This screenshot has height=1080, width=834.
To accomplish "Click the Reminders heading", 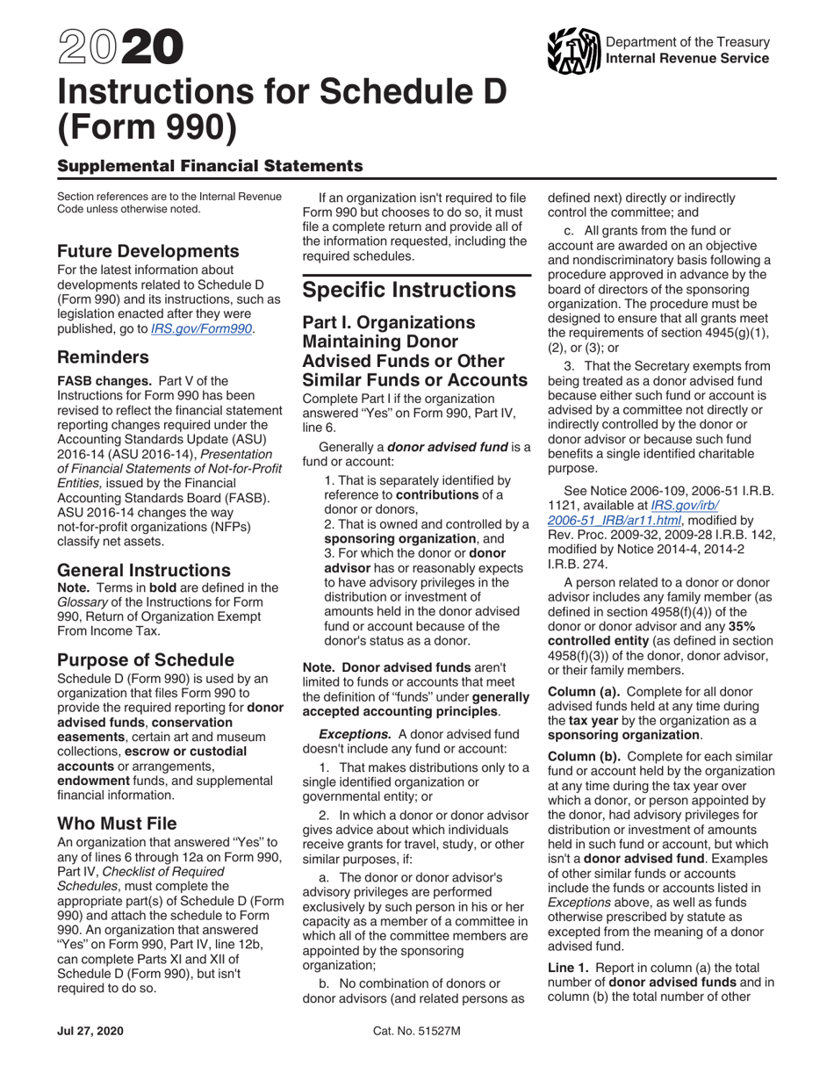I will [103, 357].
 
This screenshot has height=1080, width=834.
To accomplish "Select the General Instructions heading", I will [144, 570].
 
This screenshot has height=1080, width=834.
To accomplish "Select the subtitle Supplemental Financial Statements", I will [210, 165].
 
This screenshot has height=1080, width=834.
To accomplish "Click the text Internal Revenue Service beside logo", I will [687, 59].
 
